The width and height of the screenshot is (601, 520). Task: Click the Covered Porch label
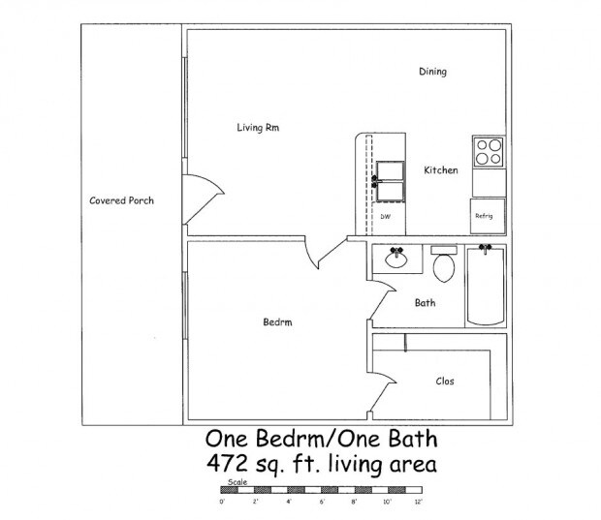pos(121,200)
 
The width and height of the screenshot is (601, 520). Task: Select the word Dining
pos(432,72)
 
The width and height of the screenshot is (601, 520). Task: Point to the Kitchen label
pos(440,170)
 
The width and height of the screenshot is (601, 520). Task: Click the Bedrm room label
pos(277,322)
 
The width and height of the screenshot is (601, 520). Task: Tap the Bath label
pos(425,302)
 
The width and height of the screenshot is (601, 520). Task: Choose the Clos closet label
pos(444,381)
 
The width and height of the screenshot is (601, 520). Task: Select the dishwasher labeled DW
pos(385,216)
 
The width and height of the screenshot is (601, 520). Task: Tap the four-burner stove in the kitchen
pos(489,151)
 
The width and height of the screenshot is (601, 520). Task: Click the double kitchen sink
pos(389,179)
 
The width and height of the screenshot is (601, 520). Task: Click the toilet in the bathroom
pos(444,264)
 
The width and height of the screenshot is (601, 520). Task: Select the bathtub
pos(486,288)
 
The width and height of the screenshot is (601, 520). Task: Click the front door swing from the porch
pos(197,200)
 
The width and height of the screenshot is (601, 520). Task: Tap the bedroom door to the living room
pos(320,254)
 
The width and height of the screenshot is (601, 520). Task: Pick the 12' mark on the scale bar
pos(418,502)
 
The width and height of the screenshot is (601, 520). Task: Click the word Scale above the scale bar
pos(237,481)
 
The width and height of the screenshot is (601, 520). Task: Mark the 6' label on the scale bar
pos(322,502)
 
